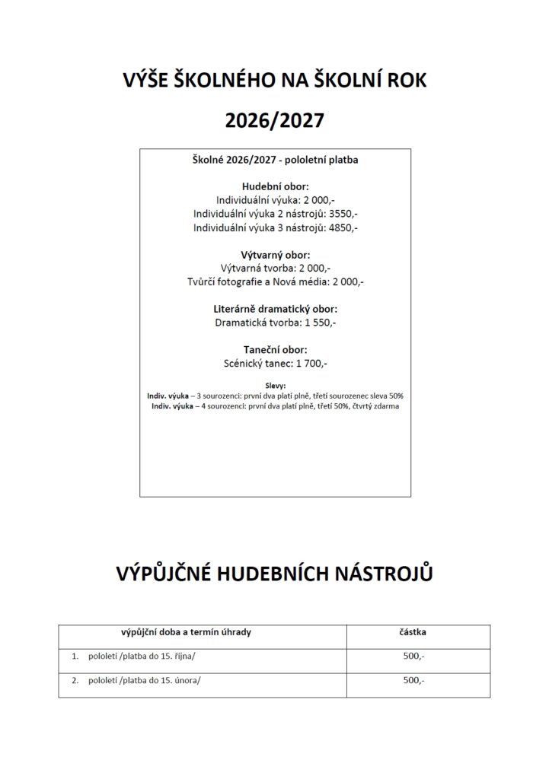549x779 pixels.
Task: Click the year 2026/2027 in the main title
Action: coord(274,119)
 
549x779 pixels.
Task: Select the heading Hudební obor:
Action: coord(275,186)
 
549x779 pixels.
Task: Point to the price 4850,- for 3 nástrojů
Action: coord(342,227)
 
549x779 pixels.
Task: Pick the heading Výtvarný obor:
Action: coord(275,255)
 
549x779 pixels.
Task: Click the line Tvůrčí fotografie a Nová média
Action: coord(275,281)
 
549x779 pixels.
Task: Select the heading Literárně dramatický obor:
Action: coord(275,310)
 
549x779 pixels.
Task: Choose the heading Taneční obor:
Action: coord(275,350)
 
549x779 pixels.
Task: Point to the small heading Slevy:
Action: coord(275,386)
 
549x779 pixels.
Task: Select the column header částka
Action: coord(413,631)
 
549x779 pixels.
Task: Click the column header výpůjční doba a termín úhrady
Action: coord(186,631)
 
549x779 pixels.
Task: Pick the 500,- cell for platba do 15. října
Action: coord(413,656)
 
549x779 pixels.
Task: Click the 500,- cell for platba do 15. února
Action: coord(413,681)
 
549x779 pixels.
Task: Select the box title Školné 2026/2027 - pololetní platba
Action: coord(275,160)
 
